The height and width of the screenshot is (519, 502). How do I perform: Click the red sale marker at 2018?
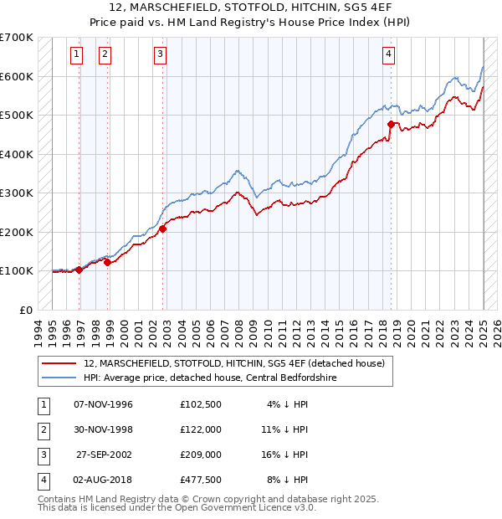[391, 124]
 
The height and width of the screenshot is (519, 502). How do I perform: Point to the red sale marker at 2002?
[163, 228]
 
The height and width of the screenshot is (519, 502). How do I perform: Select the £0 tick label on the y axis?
[26, 310]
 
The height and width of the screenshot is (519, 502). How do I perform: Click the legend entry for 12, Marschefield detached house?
[233, 363]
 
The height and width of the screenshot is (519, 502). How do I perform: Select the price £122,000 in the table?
[201, 430]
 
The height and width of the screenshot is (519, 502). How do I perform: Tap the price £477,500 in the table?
[201, 480]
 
